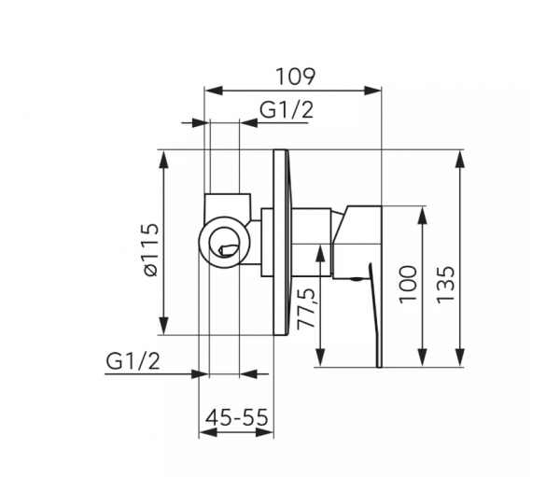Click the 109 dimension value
(294, 75)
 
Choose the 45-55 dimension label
(236, 416)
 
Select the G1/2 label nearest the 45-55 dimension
(133, 360)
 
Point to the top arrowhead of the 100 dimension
(422, 213)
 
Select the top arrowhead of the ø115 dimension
(165, 157)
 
